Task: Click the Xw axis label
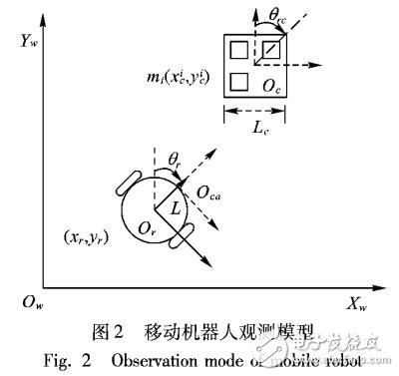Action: pos(358,300)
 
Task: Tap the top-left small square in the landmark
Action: pos(239,49)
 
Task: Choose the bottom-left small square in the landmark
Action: pos(239,81)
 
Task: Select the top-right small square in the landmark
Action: pos(270,49)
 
